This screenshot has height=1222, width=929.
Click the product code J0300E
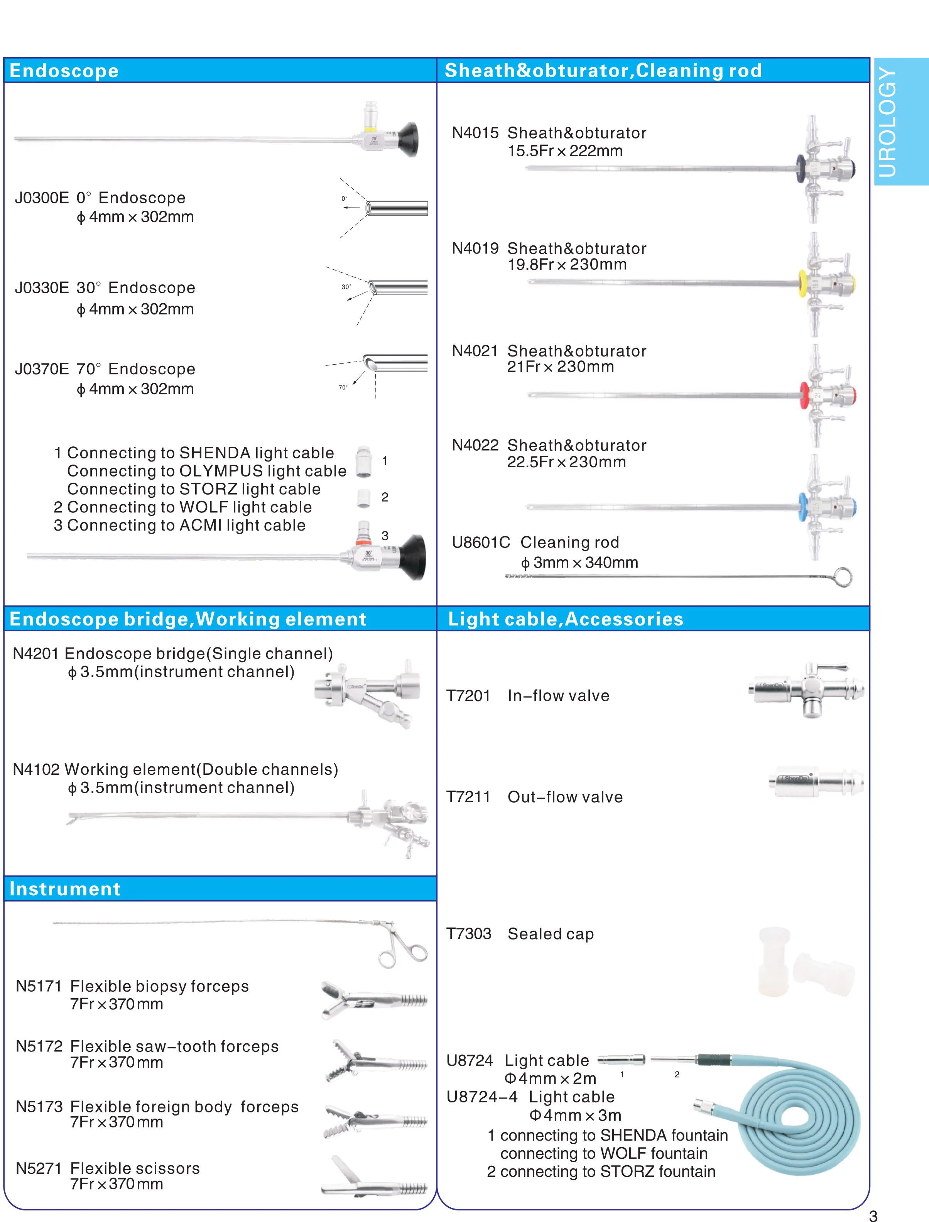click(42, 198)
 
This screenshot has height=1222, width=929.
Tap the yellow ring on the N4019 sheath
click(803, 283)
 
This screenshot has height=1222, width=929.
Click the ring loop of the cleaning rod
click(843, 577)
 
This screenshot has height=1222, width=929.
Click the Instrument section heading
click(65, 889)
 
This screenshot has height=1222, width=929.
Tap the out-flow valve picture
click(815, 781)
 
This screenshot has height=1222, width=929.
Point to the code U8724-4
click(482, 1097)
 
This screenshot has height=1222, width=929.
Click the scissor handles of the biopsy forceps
click(404, 950)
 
